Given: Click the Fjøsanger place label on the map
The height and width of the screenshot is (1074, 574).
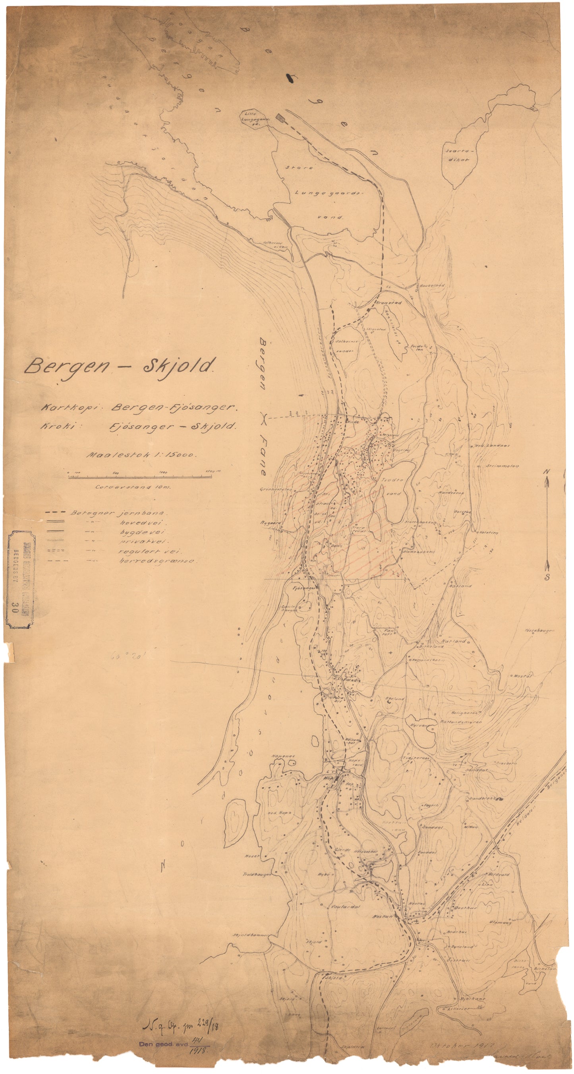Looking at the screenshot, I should (303, 588).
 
